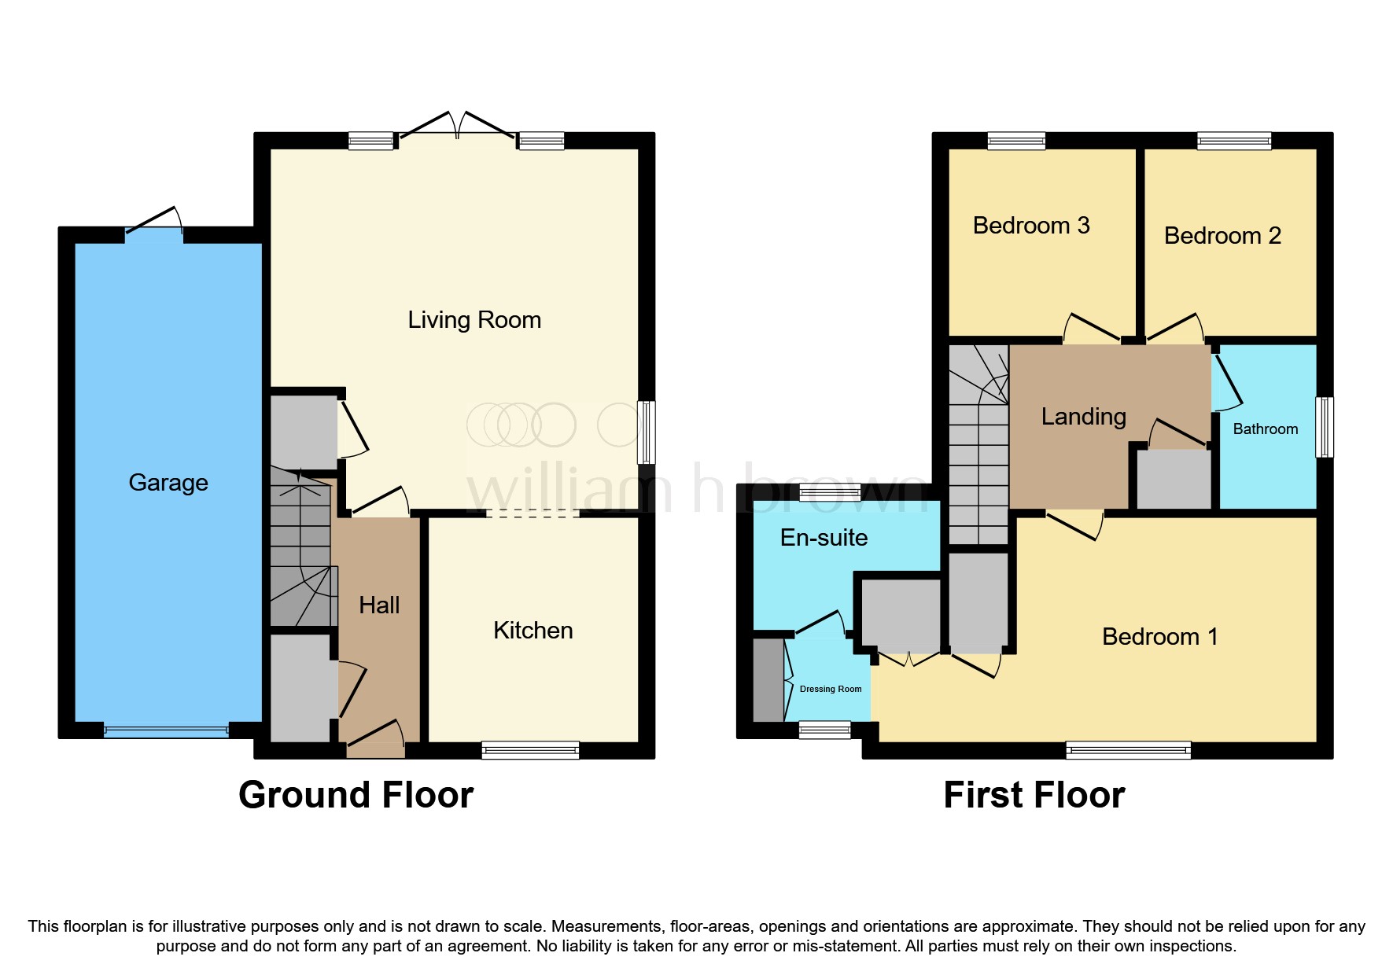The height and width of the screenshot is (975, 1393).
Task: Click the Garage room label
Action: coord(168,482)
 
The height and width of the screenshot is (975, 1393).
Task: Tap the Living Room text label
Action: coord(474,320)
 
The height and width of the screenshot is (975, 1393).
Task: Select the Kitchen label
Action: coord(533,631)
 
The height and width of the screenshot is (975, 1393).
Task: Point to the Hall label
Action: coord(379,605)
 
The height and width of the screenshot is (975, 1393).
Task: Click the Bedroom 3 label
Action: coord(1031,226)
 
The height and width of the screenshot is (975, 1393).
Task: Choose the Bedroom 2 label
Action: coord(1222,236)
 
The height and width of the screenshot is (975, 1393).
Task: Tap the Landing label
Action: coord(1083,417)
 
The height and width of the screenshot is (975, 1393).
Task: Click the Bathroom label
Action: coord(1265,429)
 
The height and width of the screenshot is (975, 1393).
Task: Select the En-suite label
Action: coord(824,538)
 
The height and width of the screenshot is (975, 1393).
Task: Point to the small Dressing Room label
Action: coord(830,689)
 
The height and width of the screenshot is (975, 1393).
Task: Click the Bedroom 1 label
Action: coord(1159,637)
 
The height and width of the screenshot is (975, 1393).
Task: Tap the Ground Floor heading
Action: coord(356,795)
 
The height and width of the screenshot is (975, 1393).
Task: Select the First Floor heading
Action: coord(1034,795)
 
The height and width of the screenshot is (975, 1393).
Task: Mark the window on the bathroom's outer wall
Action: coord(1325,427)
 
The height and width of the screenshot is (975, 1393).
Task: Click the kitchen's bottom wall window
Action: coord(530,750)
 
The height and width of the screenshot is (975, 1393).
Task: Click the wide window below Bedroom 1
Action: coord(1128,750)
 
